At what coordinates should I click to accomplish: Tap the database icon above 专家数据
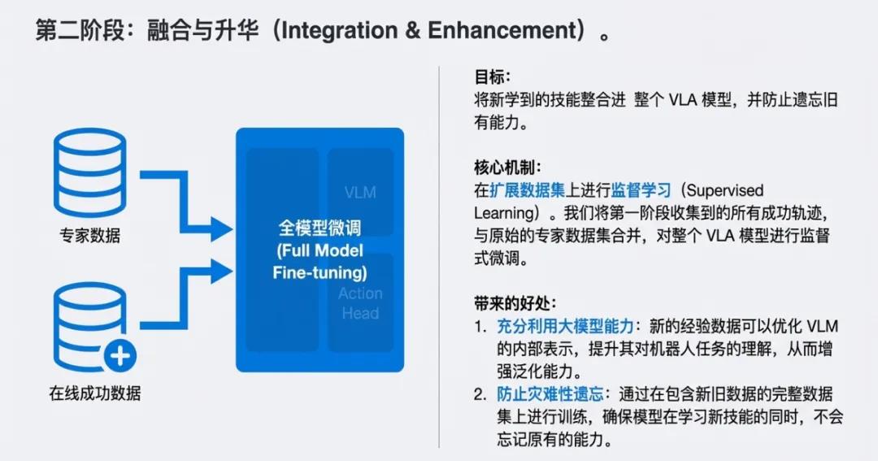tap(89, 172)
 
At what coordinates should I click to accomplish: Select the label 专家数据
tap(89, 236)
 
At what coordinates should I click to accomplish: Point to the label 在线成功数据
tap(95, 394)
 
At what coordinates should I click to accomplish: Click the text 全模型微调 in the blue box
tap(319, 228)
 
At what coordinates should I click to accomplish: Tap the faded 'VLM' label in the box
tap(360, 194)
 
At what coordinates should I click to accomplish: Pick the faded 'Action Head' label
tap(360, 303)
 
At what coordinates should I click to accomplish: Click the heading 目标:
tap(492, 77)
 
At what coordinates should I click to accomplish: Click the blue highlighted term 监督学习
tap(642, 190)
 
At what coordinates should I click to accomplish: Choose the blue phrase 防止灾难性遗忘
tap(550, 394)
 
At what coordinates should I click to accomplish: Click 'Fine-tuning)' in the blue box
tap(319, 272)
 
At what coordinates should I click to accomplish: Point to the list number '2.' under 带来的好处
tap(480, 394)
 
